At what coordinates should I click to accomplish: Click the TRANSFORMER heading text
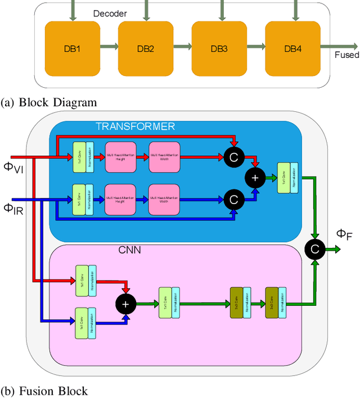(x=135, y=126)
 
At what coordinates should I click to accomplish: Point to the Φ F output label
(x=344, y=234)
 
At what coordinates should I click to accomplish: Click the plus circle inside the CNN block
(x=125, y=304)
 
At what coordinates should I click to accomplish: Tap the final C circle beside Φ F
(x=316, y=248)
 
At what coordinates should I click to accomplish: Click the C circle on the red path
(x=233, y=154)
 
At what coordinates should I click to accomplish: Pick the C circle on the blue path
(x=233, y=198)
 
